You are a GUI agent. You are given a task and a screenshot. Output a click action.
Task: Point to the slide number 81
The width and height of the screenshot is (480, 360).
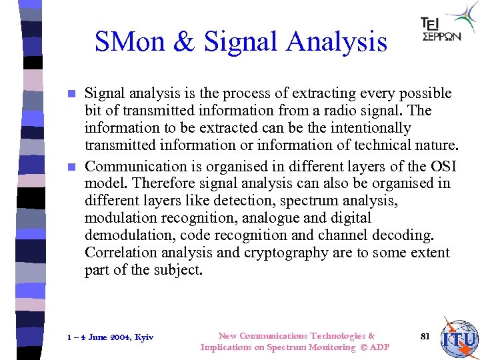425,336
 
